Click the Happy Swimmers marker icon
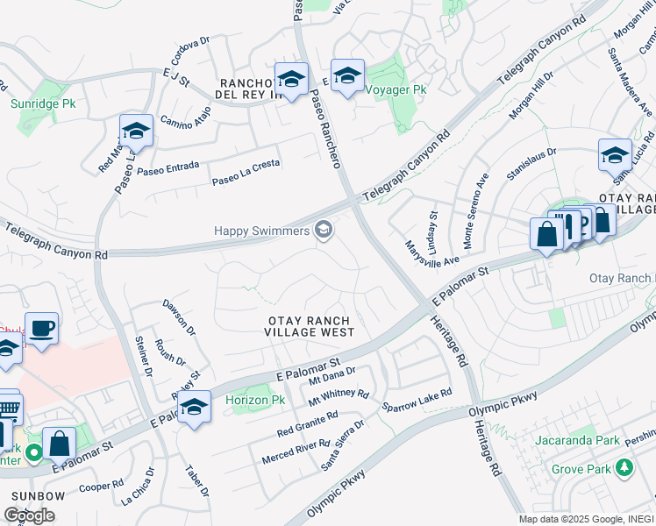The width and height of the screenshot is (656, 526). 324,231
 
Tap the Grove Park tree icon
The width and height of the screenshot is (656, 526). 624,469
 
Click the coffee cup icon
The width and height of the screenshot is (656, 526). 42,329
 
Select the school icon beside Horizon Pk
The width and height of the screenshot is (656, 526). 195,408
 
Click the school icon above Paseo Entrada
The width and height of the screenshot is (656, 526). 136,131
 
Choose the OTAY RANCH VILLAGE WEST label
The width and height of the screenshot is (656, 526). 310,326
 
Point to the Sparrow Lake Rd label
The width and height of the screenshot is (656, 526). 417,401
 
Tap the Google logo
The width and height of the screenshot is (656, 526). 29,515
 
